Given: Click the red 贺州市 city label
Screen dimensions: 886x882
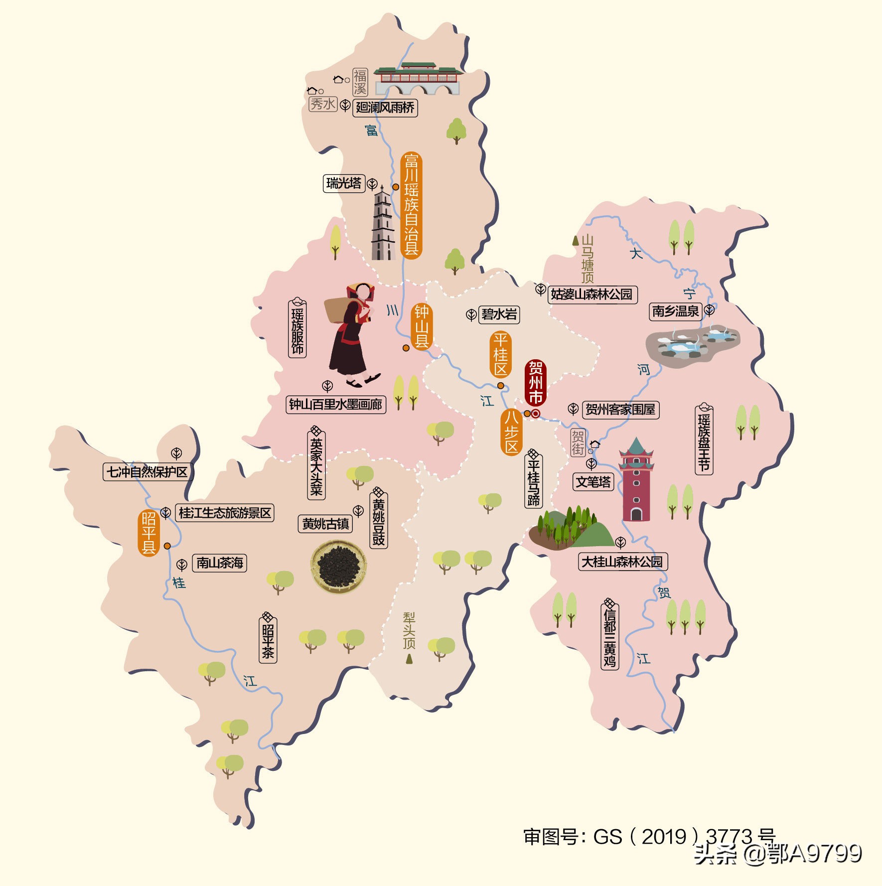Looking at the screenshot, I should point(536,383).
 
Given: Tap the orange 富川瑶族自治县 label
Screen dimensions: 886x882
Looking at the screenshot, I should point(411,205).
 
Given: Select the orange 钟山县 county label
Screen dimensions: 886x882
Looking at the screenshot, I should point(422,326).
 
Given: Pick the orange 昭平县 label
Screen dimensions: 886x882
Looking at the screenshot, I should point(148,533).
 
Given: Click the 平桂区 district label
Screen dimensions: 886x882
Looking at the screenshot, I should point(500,354).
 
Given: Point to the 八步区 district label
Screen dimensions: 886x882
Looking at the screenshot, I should point(511,432).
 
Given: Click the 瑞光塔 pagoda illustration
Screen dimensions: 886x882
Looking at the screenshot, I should point(383,224).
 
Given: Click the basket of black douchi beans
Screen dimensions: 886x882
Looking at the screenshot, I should point(339,567).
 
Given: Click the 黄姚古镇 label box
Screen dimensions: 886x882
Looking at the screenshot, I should point(325,524).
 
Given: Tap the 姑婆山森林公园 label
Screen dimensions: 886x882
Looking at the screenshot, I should point(591,295).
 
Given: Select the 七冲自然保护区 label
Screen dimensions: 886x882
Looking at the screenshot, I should point(147,471).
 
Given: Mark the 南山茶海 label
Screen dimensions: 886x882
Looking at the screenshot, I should point(219,563).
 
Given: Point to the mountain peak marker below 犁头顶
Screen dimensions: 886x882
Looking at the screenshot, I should point(409,659).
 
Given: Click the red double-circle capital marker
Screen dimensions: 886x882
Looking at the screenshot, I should point(536,414).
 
